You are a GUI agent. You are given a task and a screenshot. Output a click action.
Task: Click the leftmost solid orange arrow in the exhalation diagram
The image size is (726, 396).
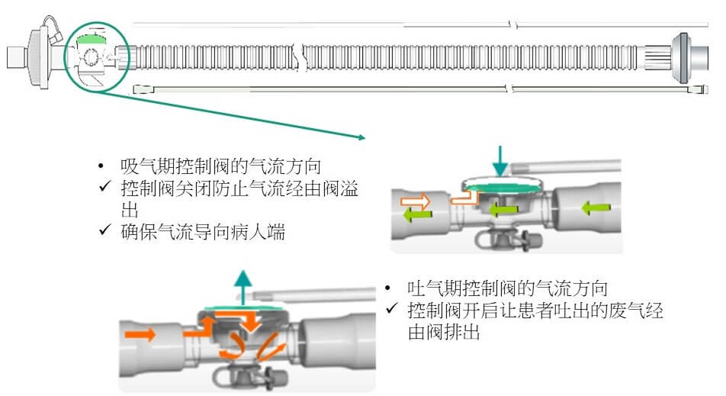(x=144, y=333)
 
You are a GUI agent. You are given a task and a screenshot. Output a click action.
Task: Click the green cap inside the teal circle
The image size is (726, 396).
(x=92, y=37)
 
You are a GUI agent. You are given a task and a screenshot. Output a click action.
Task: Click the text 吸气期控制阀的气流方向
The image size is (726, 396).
(x=220, y=166)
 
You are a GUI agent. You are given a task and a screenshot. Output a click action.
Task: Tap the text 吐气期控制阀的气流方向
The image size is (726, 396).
(x=508, y=290)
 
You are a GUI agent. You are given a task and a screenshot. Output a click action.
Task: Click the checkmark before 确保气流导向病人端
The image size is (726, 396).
(x=104, y=232)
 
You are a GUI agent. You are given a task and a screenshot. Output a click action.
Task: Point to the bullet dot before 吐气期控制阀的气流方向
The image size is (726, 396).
(x=390, y=290)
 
